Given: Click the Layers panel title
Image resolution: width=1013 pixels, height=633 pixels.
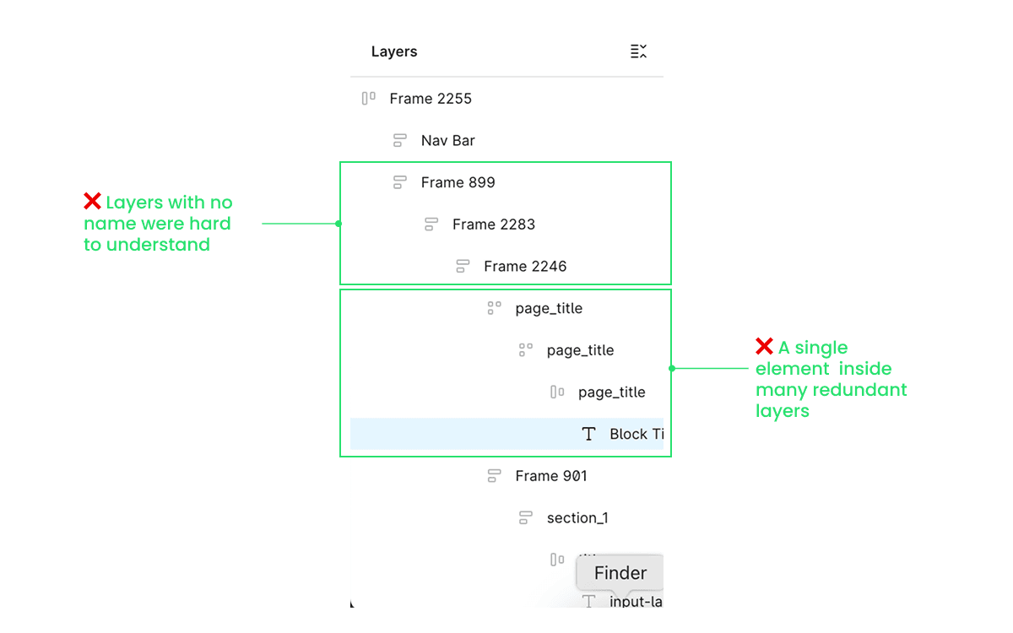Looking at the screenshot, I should pos(394,51).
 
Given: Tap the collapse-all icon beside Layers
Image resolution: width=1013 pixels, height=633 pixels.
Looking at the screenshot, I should pos(638,51).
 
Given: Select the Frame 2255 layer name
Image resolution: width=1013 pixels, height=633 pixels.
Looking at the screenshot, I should pos(431,99).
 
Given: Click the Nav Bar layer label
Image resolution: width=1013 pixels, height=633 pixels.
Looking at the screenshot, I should pos(447,141).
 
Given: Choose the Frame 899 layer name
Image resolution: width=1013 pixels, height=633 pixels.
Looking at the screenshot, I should pos(458,182).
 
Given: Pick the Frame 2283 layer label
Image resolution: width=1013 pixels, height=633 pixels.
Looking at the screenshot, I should pos(493,225).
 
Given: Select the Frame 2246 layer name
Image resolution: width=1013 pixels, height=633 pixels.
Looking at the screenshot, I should pos(525,267).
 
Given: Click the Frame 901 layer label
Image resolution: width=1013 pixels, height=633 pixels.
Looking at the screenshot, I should pos(550,476).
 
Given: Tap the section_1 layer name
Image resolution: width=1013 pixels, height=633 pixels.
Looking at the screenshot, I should pos(577,518).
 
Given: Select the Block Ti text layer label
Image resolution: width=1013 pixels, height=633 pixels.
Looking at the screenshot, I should pos(636,434).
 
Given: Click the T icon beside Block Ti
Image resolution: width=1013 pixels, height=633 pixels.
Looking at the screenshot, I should pos(588,434).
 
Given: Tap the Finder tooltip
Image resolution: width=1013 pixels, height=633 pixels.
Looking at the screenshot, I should pos(620,573).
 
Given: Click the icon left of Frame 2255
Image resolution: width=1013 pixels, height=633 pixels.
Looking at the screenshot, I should pos(368,99).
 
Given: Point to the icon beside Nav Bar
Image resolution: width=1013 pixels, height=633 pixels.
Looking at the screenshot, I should pos(400,141).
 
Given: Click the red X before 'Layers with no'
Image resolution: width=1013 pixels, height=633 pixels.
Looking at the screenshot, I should pos(92,202).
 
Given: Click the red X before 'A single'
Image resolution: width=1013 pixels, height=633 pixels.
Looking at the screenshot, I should pos(764,347).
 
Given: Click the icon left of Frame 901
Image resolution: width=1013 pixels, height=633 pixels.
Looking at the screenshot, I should pos(494,476).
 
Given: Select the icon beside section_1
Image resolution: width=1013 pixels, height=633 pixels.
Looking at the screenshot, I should pos(525,518).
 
